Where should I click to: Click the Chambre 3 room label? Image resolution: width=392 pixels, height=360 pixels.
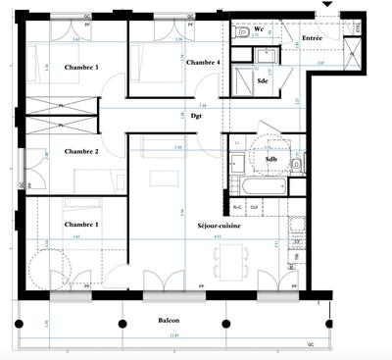(x=55, y=67)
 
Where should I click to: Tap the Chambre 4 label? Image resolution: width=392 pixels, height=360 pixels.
(x=202, y=62)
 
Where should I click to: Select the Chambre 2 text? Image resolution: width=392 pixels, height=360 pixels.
(x=55, y=152)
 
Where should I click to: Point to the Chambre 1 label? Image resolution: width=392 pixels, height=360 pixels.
(x=53, y=225)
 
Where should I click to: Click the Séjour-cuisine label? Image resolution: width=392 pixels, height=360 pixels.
(x=218, y=225)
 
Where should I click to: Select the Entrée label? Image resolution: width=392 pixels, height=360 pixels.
(x=313, y=38)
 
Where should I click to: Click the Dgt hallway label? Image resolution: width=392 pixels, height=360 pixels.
(x=196, y=115)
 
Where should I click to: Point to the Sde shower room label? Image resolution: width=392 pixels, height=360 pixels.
(x=263, y=79)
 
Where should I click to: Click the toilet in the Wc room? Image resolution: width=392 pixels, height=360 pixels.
(x=242, y=32)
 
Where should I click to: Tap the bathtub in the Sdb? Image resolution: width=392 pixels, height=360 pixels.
(x=258, y=185)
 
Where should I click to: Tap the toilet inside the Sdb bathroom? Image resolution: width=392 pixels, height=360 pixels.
(x=295, y=164)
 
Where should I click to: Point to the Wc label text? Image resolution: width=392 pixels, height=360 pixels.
(x=260, y=30)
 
